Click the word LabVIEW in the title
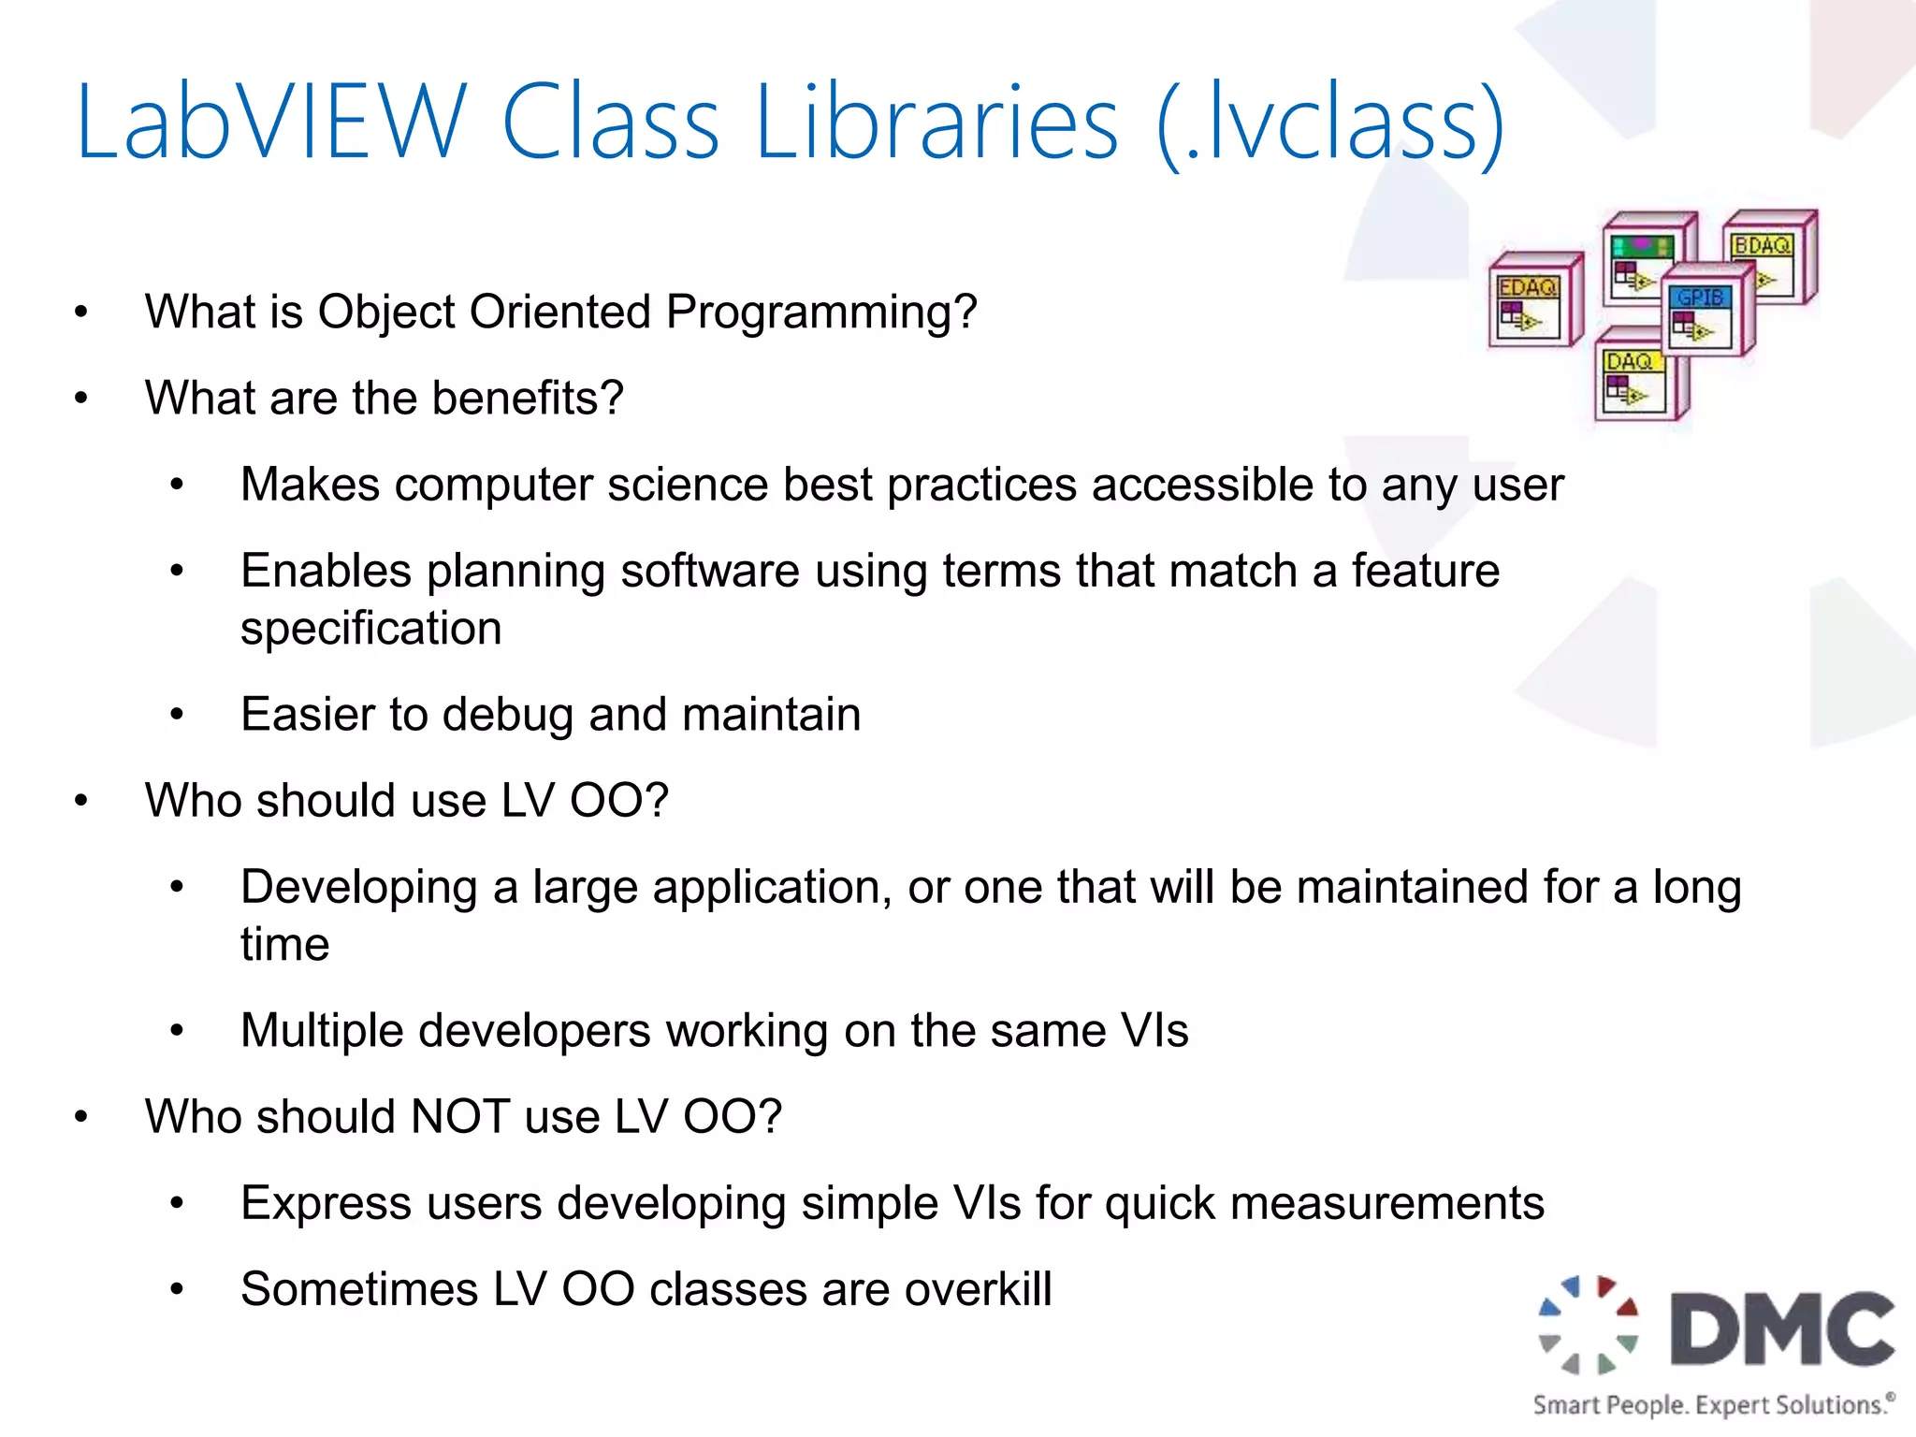[x=270, y=123]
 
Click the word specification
[x=370, y=629]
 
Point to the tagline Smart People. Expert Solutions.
[x=1712, y=1405]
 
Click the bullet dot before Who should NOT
[x=81, y=1117]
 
